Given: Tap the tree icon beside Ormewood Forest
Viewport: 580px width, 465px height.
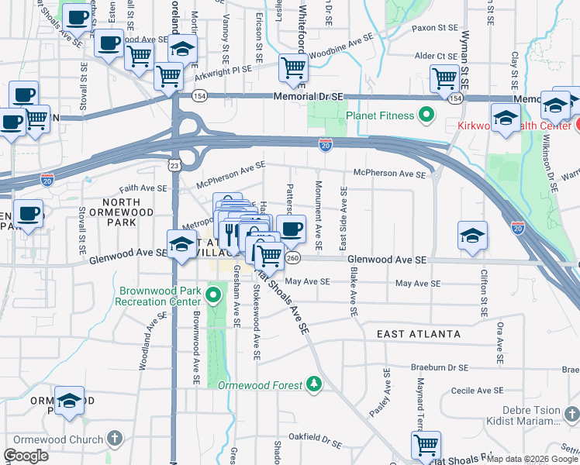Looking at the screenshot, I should [x=313, y=384].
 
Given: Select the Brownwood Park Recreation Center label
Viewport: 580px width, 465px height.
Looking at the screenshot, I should [x=160, y=298].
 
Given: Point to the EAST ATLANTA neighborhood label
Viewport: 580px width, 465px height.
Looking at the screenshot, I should [x=418, y=334].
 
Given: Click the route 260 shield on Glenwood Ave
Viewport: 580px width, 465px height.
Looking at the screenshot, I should [x=292, y=257].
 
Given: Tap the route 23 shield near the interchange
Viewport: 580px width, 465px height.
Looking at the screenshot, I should [x=175, y=165].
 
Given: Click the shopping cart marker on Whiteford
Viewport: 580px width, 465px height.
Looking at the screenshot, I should [x=293, y=68].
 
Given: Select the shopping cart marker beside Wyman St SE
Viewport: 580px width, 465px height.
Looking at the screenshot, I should [x=445, y=77].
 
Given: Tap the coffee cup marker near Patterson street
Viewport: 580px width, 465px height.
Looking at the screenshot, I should [x=291, y=229].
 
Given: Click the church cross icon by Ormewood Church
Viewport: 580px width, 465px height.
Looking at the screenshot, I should [x=115, y=439].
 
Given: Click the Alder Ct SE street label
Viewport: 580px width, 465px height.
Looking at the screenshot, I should [x=436, y=56].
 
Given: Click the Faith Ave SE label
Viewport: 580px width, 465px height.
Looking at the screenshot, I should [x=142, y=188].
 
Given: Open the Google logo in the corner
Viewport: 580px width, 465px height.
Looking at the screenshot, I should [x=26, y=456].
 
